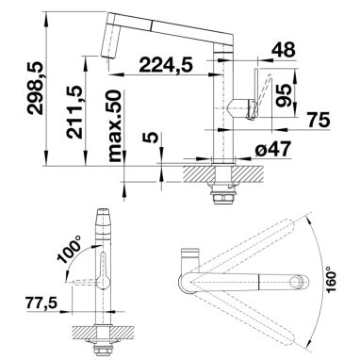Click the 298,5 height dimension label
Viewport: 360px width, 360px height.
tap(34, 88)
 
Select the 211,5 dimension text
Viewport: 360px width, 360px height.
tap(74, 112)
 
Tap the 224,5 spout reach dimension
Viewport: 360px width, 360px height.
tap(165, 64)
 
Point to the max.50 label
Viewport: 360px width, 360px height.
tap(114, 126)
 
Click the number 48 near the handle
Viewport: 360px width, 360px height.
tap(284, 50)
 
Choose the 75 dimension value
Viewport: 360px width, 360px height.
tap(319, 120)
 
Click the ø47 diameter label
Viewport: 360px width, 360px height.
tap(272, 150)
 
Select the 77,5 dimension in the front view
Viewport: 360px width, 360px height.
tap(41, 303)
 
